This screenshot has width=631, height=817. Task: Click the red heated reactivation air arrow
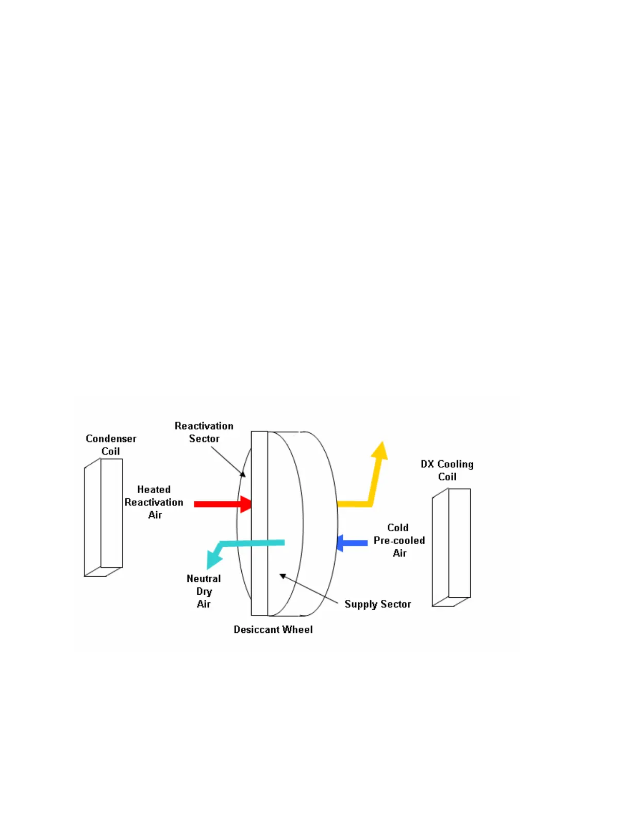coord(219,504)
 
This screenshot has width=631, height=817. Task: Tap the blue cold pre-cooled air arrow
coord(353,543)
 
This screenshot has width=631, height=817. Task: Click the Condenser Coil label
coord(111,445)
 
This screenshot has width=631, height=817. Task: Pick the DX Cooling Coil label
coord(447,470)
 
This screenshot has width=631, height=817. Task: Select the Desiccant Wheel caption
coord(273,629)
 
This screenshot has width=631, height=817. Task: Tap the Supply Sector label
coord(377,604)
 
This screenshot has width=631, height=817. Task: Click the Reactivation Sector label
coord(204,432)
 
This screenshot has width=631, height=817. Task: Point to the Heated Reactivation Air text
coord(154,502)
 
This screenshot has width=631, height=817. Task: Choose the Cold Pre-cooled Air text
coord(399,540)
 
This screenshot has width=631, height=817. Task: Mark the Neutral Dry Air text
coord(204,591)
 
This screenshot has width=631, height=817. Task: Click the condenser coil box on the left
coord(104,517)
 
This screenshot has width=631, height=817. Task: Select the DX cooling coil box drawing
coord(452,547)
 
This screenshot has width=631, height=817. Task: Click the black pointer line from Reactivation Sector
coord(228,461)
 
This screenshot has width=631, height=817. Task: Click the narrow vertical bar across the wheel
coord(259,523)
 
